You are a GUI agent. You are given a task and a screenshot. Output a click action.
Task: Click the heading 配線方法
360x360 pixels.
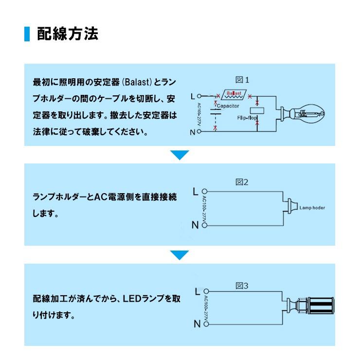68,34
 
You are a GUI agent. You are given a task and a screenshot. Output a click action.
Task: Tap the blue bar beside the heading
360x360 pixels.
27,34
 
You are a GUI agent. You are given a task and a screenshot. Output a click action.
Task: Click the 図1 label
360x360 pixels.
242,80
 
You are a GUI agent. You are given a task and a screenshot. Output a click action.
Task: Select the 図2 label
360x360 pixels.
242,182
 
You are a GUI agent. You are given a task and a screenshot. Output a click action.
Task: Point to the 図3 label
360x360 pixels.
242,286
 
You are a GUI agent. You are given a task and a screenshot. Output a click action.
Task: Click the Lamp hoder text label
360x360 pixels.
312,208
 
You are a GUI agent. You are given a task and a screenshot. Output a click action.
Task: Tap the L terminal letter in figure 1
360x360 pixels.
193,95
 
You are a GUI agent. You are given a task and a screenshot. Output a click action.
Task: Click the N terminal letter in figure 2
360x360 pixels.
195,225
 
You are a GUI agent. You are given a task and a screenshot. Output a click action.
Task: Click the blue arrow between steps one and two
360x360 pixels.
180,155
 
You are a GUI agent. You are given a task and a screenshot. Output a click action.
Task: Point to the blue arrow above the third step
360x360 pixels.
180,254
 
